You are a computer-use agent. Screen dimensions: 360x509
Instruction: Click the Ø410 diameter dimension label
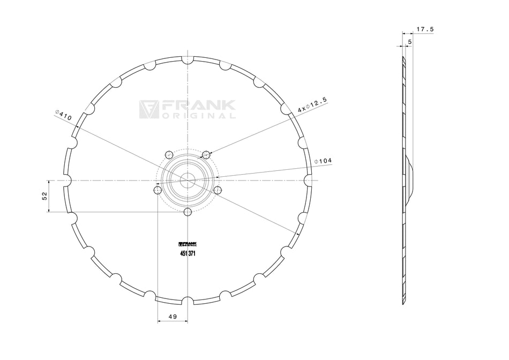click(x=64, y=115)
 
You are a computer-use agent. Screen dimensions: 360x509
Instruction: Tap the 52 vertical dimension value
click(x=44, y=196)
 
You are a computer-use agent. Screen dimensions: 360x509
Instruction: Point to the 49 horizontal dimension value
click(x=173, y=317)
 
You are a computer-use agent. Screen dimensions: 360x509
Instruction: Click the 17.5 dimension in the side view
click(x=424, y=29)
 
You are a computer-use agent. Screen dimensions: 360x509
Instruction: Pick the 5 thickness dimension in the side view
click(x=410, y=41)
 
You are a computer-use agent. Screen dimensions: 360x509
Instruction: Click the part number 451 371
click(x=187, y=254)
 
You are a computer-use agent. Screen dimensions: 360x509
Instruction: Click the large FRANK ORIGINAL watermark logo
click(x=187, y=109)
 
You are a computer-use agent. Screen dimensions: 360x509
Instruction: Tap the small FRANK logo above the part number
click(x=187, y=244)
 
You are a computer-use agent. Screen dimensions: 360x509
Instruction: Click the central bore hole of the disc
click(x=187, y=181)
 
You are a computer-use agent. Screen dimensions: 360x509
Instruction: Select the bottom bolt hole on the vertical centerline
click(x=187, y=213)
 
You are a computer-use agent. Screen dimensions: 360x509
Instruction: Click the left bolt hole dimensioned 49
click(x=158, y=190)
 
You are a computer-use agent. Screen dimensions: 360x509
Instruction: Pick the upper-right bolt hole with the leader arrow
click(x=206, y=155)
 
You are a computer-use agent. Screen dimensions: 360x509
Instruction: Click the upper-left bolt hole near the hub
click(x=169, y=155)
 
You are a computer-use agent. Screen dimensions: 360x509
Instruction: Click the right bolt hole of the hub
click(x=217, y=190)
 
